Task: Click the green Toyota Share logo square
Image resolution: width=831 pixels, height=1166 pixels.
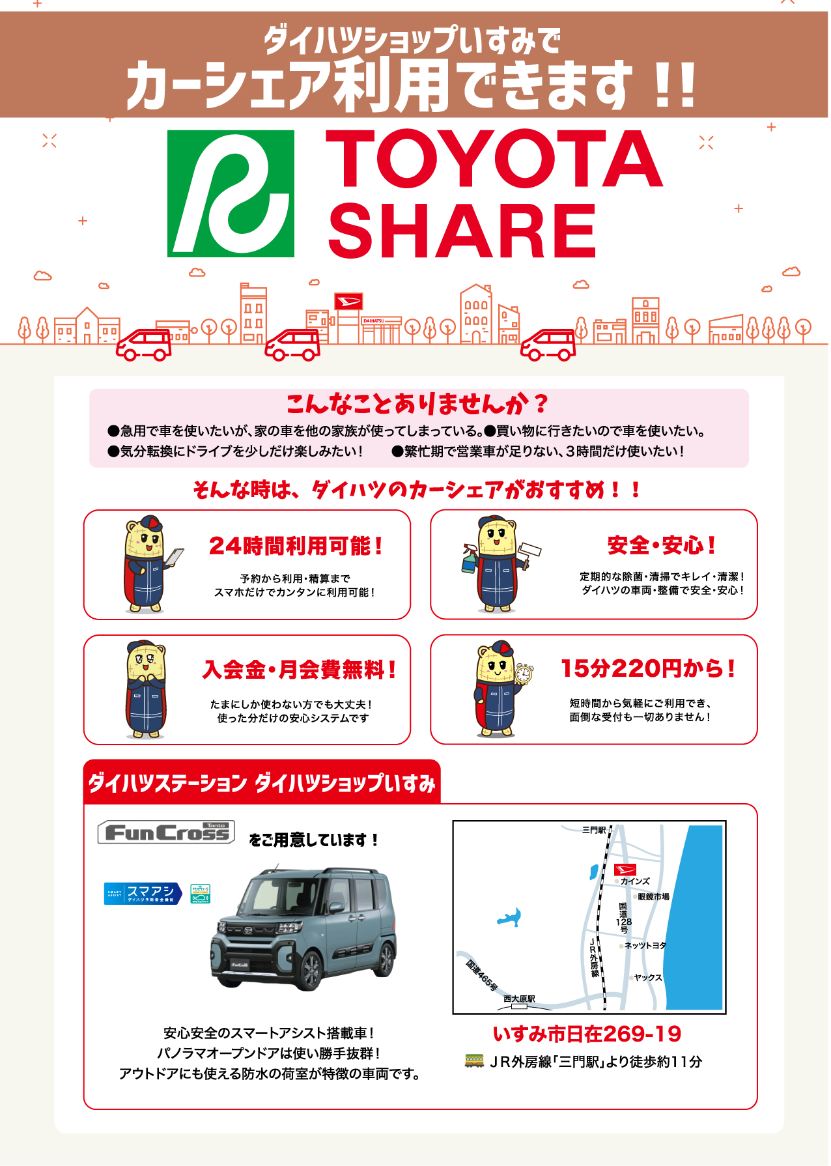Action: pyautogui.click(x=231, y=193)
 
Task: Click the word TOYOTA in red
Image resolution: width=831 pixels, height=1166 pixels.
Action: pyautogui.click(x=495, y=158)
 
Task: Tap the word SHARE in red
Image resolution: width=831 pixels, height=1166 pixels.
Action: pyautogui.click(x=462, y=230)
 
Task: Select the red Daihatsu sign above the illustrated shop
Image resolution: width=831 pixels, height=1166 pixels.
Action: pyautogui.click(x=348, y=301)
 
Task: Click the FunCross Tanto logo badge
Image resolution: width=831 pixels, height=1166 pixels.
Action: pyautogui.click(x=166, y=832)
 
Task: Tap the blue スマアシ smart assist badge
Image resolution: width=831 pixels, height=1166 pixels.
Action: pyautogui.click(x=143, y=893)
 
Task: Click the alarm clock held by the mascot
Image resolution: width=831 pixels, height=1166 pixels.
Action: pyautogui.click(x=524, y=674)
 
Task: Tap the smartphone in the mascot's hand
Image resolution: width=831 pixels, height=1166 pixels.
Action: pyautogui.click(x=174, y=557)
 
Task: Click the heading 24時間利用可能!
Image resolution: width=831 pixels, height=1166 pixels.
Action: pyautogui.click(x=296, y=546)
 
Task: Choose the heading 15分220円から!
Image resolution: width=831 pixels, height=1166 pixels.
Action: pyautogui.click(x=648, y=668)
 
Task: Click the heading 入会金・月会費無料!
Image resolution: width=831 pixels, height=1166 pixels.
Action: pyautogui.click(x=300, y=670)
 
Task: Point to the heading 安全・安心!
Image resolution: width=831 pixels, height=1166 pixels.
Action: pyautogui.click(x=662, y=545)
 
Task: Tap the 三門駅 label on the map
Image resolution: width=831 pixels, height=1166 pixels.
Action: pyautogui.click(x=593, y=830)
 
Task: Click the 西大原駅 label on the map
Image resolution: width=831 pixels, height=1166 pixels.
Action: pyautogui.click(x=519, y=999)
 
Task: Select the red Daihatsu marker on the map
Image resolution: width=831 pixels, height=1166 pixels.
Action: pyautogui.click(x=625, y=870)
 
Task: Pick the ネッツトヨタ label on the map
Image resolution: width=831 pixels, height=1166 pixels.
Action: pyautogui.click(x=645, y=945)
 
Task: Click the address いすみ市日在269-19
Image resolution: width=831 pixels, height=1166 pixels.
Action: pyautogui.click(x=587, y=1034)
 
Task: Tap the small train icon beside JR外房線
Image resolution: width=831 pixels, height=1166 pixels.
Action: pyautogui.click(x=474, y=1060)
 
